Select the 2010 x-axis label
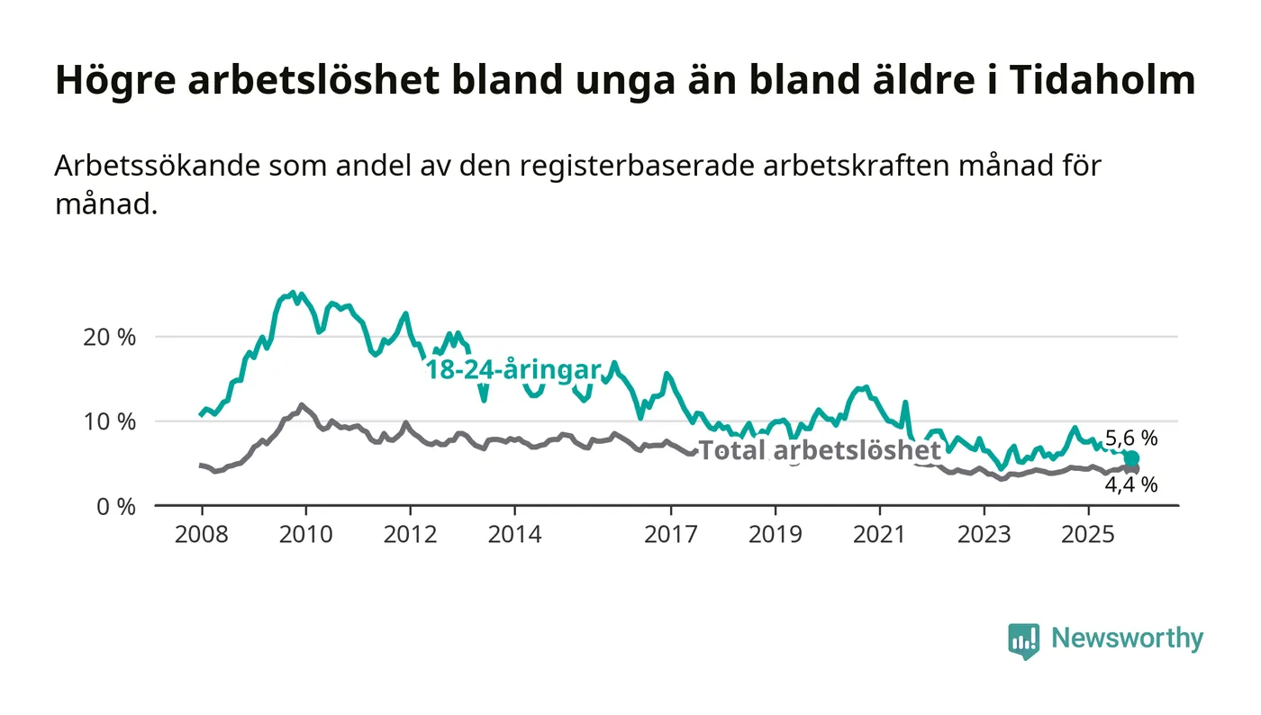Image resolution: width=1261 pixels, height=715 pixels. (x=305, y=535)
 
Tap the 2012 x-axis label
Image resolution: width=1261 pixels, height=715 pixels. (x=410, y=535)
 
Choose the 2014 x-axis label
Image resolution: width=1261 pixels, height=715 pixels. (x=514, y=535)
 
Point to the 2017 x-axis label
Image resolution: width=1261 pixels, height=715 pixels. (x=671, y=535)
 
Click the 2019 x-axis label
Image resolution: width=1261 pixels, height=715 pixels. (x=776, y=535)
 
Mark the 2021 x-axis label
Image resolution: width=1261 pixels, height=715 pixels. (x=879, y=535)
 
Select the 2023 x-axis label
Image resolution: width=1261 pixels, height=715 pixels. (x=984, y=535)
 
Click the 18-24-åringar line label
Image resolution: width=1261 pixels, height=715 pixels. (x=513, y=370)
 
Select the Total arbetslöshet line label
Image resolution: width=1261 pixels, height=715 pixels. (x=820, y=450)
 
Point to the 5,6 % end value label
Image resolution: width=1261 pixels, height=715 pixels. (x=1131, y=439)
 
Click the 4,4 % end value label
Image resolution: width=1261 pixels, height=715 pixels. (x=1131, y=484)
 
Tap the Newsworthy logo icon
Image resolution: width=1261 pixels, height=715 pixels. (x=1023, y=640)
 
